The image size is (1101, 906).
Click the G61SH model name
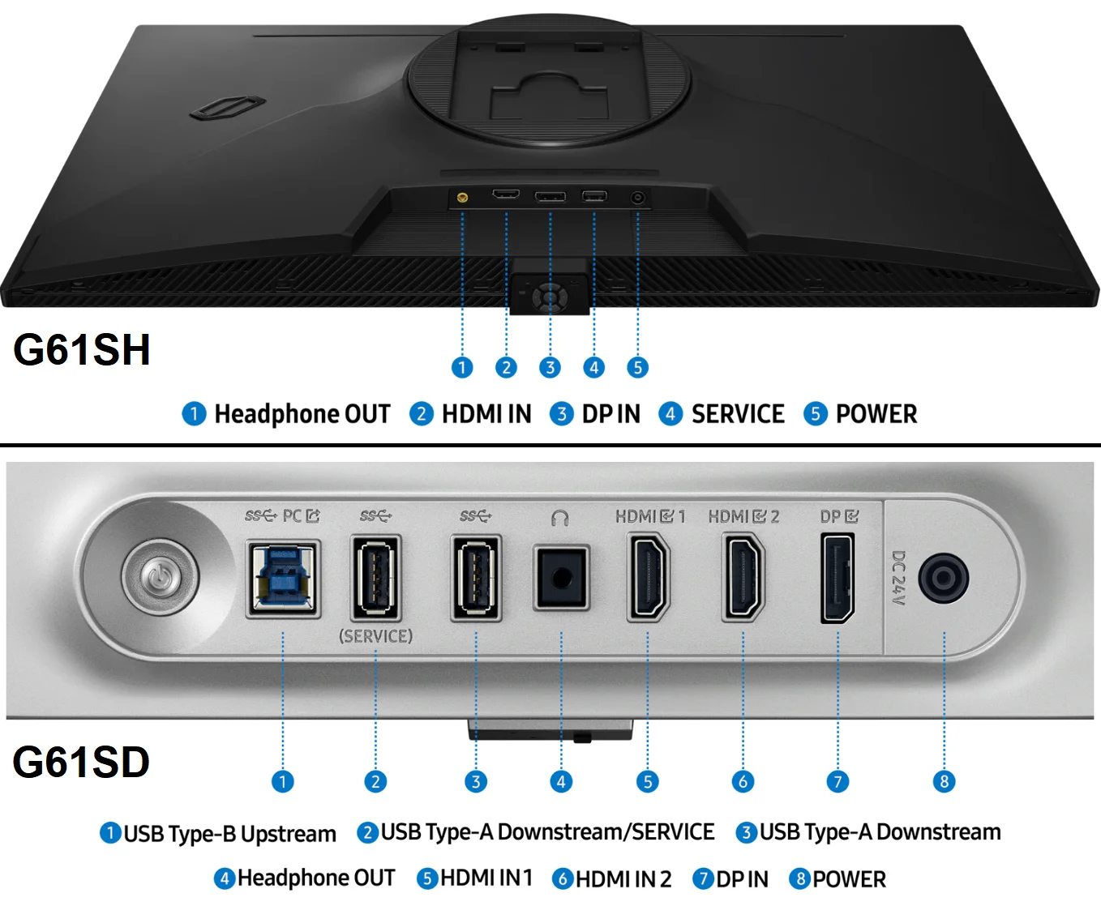82,350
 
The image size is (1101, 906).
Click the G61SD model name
82,763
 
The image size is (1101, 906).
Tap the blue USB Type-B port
283,579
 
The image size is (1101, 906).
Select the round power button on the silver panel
160,578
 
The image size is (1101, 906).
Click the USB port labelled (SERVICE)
375,579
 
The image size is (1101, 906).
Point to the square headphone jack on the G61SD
561,579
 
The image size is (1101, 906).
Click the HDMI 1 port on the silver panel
649,579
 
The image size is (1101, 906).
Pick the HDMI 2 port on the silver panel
743,579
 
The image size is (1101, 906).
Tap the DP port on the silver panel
838,579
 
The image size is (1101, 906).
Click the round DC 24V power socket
944,579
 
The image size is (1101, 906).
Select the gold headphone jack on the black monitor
462,197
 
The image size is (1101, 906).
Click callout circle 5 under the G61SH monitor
638,368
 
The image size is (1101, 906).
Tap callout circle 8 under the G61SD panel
944,782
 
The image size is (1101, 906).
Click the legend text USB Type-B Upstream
229,834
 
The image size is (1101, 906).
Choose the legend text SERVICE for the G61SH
738,414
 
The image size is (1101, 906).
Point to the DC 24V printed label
898,579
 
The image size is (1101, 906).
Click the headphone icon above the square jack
559,518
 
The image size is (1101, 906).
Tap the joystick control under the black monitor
550,296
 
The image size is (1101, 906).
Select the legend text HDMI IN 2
623,879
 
